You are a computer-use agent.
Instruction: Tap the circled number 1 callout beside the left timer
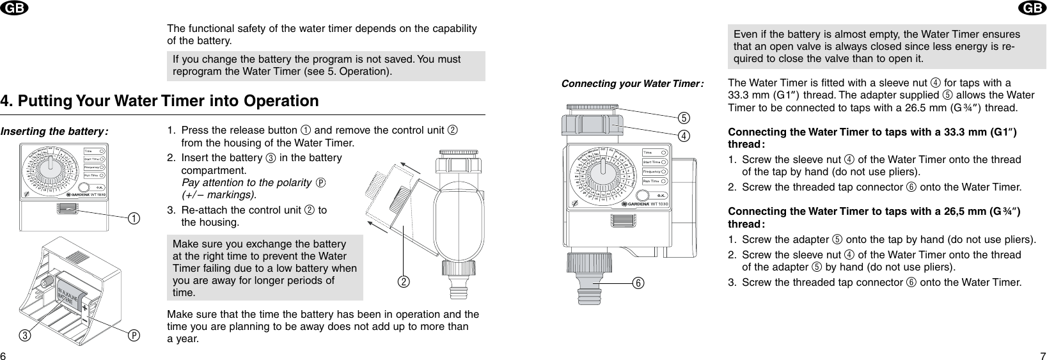[x=133, y=219]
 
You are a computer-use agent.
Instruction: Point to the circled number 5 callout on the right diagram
[x=683, y=118]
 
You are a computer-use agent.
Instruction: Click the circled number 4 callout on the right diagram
[x=683, y=135]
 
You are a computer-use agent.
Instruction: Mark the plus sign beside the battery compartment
[x=84, y=307]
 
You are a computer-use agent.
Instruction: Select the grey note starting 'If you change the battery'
[x=326, y=65]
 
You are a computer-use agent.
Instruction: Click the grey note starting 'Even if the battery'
[x=886, y=47]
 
